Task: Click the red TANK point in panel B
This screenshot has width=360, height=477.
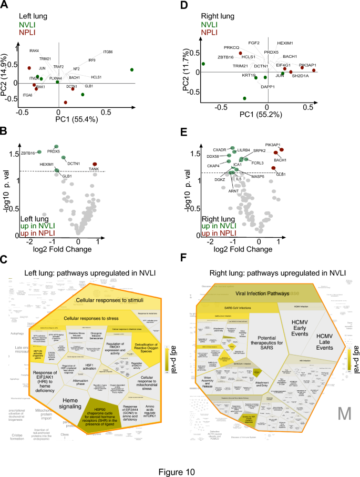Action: (x=95, y=164)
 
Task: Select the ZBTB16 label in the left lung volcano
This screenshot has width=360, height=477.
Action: (x=28, y=153)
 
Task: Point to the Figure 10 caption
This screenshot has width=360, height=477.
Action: (x=180, y=458)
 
